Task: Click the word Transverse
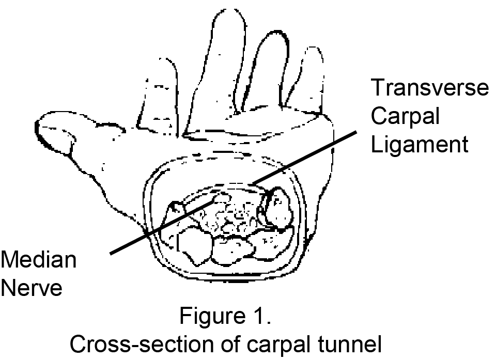pyautogui.click(x=429, y=88)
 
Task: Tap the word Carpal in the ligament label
pyautogui.click(x=405, y=117)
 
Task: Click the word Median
pyautogui.click(x=38, y=259)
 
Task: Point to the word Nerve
pyautogui.click(x=32, y=288)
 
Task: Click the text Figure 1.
pyautogui.click(x=225, y=316)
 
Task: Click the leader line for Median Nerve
pyautogui.click(x=155, y=230)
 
